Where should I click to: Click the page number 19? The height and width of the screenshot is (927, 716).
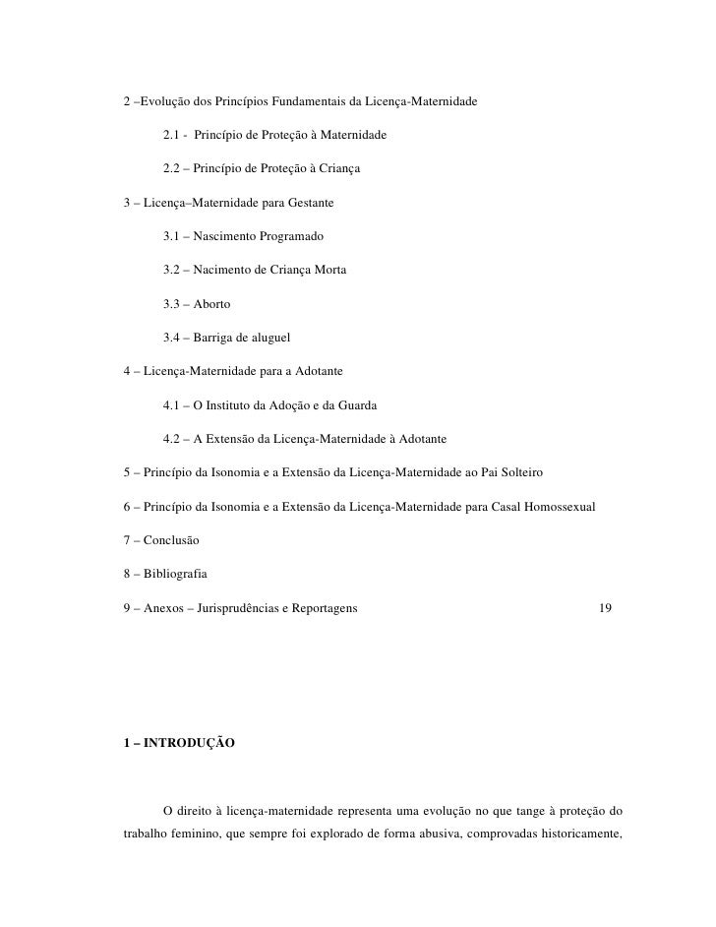[x=606, y=609]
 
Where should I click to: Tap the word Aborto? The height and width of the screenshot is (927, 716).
[x=212, y=304]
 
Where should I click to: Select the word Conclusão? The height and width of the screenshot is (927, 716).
[x=171, y=541]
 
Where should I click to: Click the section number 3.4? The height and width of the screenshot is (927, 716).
[x=173, y=338]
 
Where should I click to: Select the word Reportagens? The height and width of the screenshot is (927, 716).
[x=320, y=609]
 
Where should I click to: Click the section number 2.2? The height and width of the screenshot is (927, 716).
[x=173, y=168]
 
